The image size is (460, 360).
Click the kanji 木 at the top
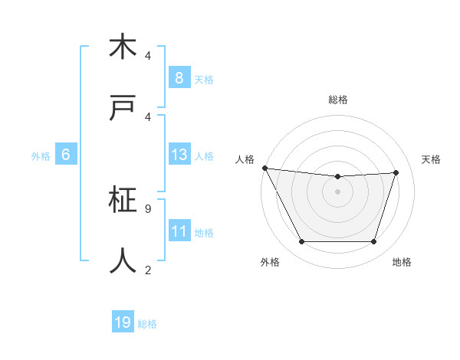pos(123,47)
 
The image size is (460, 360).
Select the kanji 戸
pos(123,108)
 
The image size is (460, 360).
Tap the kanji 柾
pos(123,201)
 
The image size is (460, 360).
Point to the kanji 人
pos(123,261)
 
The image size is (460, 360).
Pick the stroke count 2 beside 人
pos(148,269)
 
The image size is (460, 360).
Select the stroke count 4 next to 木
pos(148,56)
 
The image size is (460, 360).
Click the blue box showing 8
pos(179,78)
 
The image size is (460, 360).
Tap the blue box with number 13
pos(179,155)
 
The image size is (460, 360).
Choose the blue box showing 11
pos(179,231)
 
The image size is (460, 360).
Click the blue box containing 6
pos(66,155)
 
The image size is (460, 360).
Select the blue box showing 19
pos(123,322)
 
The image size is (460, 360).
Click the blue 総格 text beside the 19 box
pos(147,324)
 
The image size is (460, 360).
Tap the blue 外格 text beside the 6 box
pos(41,156)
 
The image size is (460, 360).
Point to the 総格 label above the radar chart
pos(338,100)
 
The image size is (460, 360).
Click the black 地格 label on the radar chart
pos(402,263)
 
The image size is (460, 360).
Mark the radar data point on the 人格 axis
pos(264,168)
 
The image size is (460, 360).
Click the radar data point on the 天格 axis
pos(396,172)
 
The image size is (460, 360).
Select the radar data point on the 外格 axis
pos(301,242)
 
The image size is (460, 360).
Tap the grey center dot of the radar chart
pos(338,191)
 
